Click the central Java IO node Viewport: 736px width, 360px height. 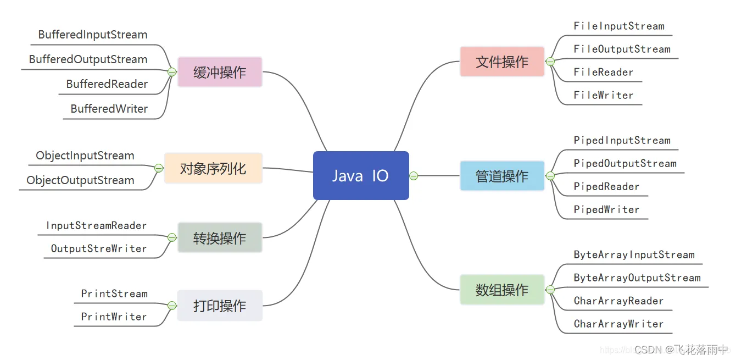(361, 176)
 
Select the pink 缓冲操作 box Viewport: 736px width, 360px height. (220, 72)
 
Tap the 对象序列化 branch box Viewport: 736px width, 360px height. (213, 168)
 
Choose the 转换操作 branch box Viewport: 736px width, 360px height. (220, 238)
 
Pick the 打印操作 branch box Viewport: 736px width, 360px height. (220, 306)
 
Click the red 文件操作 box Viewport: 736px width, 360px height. (502, 62)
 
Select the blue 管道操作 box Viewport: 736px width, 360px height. (502, 176)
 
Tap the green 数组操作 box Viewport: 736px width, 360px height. (502, 290)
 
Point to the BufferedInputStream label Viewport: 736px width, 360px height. (93, 35)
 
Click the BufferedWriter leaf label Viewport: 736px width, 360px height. (109, 109)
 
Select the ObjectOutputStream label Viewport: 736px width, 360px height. (80, 180)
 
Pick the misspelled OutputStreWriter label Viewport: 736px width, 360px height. (99, 248)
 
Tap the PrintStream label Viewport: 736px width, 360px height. (114, 293)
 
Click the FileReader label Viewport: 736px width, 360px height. (604, 72)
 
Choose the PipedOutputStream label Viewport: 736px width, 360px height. (625, 163)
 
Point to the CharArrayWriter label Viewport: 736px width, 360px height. (618, 324)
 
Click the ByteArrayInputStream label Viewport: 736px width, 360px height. (634, 254)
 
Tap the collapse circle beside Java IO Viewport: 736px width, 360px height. (414, 176)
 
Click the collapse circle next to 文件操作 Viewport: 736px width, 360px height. (550, 62)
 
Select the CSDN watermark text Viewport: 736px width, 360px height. (681, 350)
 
